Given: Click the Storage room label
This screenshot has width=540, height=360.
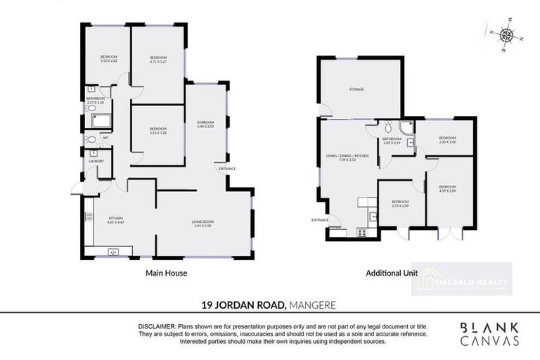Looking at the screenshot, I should click(357, 89).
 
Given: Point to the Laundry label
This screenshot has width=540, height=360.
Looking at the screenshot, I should click(96, 161).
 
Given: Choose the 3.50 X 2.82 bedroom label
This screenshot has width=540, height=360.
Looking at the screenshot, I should click(108, 58).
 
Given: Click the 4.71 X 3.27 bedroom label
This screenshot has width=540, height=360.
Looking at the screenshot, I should click(159, 59).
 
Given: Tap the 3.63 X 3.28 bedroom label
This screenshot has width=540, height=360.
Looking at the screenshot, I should click(158, 130).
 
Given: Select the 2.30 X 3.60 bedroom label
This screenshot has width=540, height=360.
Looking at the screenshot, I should click(448, 140).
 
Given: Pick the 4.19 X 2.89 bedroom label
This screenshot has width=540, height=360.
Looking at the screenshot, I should click(448, 188).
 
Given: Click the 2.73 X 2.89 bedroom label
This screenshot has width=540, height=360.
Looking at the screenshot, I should click(400, 203).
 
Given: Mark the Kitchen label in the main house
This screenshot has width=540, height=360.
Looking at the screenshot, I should click(116, 221).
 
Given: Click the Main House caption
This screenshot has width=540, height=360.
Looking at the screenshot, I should click(166, 273).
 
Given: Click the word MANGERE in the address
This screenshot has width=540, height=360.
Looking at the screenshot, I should click(316, 304).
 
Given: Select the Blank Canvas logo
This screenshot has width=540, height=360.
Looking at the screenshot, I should click(490, 334).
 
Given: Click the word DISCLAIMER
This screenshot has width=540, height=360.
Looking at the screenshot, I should click(156, 327).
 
